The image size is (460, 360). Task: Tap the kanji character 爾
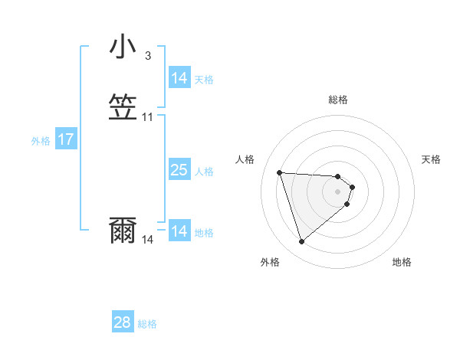tap(123, 230)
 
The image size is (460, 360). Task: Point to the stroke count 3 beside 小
tap(148, 55)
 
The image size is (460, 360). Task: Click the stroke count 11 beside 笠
tap(148, 117)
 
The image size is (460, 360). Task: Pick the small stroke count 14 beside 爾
tap(148, 240)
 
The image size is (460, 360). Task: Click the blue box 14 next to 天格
tap(179, 78)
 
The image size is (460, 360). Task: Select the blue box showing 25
tap(179, 170)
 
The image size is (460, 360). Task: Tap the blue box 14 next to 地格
tap(179, 231)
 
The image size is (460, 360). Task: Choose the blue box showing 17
tap(66, 140)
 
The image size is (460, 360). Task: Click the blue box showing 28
tap(123, 323)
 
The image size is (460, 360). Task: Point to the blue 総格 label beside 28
tap(147, 324)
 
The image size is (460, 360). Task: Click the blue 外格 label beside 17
tap(41, 141)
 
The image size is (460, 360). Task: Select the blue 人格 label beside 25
tap(205, 172)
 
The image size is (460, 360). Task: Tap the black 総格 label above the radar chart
tap(338, 100)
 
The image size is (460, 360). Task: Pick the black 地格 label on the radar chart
tap(402, 262)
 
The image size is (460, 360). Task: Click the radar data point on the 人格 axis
tap(280, 172)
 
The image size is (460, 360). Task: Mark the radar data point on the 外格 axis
tap(301, 242)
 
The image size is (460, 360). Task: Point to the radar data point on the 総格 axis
tap(338, 176)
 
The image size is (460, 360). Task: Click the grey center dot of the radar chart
tap(338, 191)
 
